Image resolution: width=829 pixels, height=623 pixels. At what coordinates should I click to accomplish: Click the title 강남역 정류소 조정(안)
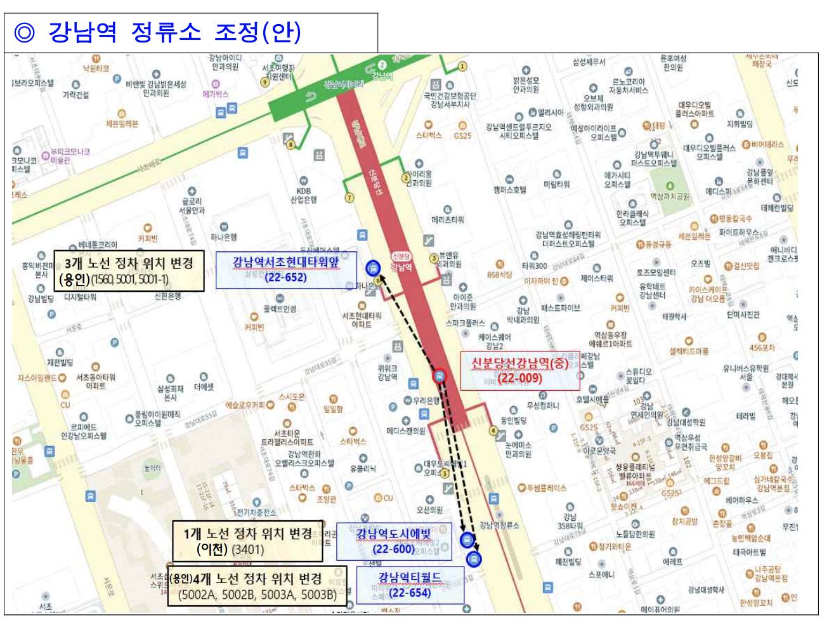174,32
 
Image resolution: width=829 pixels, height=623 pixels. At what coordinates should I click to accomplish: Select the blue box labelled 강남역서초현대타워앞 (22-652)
286,270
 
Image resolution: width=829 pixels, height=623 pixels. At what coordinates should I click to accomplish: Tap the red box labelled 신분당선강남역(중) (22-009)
520,371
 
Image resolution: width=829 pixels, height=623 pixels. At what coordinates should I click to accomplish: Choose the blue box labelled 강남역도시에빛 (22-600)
393,541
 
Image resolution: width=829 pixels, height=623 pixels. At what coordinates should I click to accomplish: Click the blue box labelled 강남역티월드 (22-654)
410,585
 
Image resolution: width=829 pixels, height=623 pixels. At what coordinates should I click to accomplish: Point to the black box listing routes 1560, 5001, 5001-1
129,271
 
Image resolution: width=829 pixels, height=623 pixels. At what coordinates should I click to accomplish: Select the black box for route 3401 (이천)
247,541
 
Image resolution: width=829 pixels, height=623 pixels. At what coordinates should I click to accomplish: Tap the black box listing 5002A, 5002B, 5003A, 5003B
258,586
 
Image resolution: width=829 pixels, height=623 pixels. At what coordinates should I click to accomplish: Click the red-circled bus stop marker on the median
439,376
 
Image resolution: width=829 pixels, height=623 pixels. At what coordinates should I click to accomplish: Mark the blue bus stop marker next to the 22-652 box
373,268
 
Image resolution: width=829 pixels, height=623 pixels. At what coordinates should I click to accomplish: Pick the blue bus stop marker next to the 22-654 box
474,559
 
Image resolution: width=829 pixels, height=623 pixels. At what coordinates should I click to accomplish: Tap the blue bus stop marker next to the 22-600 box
467,540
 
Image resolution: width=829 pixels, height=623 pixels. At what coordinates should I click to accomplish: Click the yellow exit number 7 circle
349,198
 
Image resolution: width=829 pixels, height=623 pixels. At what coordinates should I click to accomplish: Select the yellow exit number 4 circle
493,431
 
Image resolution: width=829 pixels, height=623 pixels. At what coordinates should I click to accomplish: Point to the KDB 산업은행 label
304,194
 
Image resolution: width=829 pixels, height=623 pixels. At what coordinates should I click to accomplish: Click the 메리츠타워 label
447,220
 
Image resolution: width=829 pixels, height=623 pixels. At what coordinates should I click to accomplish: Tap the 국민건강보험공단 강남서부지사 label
450,100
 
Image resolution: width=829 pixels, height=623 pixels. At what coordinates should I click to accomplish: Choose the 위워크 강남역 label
387,372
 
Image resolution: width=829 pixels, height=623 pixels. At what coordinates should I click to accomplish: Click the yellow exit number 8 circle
290,145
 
